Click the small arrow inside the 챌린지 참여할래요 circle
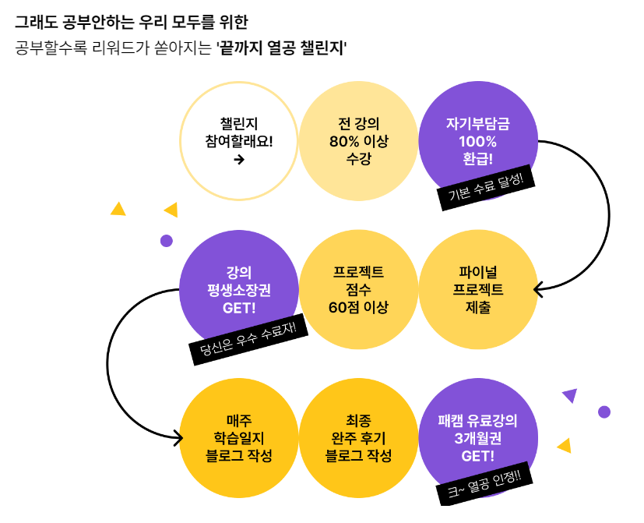(x=239, y=160)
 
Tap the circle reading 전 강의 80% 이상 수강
(x=358, y=141)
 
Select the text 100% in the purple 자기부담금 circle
(x=477, y=142)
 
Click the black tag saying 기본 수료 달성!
(x=486, y=187)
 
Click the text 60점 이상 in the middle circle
(x=358, y=306)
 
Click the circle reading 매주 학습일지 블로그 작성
(x=239, y=438)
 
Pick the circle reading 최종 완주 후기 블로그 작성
(x=358, y=438)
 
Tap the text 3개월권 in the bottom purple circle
(x=477, y=438)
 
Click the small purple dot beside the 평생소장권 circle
(x=166, y=241)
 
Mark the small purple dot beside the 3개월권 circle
(x=604, y=412)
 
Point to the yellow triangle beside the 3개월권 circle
(x=565, y=446)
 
